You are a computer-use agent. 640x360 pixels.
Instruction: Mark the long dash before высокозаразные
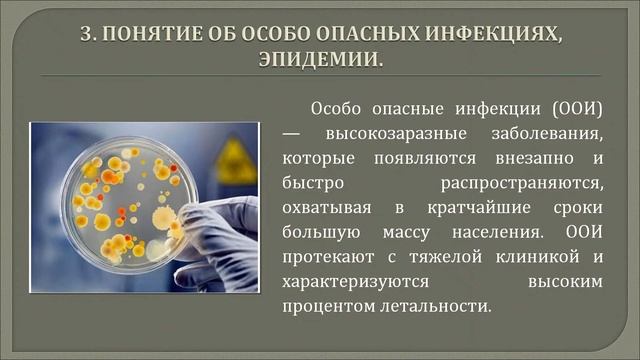291,133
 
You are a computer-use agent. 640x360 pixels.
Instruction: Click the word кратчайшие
480,207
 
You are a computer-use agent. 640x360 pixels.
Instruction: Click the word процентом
327,306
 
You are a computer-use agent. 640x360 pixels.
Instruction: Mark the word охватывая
327,207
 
